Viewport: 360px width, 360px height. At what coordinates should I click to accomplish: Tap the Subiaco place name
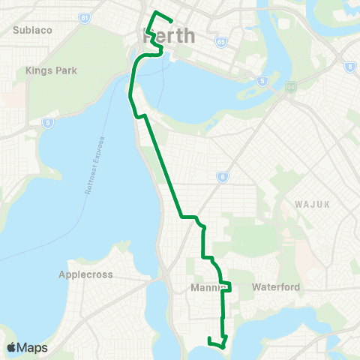coord(31,31)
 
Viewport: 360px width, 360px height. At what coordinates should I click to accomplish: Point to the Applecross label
coord(85,274)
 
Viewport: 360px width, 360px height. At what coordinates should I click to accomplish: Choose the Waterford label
coord(276,287)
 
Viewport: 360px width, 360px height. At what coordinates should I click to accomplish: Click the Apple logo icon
coord(11,347)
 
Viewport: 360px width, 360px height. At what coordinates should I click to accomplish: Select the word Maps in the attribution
coord(33,347)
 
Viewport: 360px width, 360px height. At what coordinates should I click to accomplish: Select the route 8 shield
coord(349,67)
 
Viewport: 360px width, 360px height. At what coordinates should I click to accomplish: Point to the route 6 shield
coord(222,177)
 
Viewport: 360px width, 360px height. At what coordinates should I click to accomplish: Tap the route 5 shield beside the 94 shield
coord(262,79)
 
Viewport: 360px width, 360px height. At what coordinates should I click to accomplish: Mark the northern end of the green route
coord(172,20)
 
